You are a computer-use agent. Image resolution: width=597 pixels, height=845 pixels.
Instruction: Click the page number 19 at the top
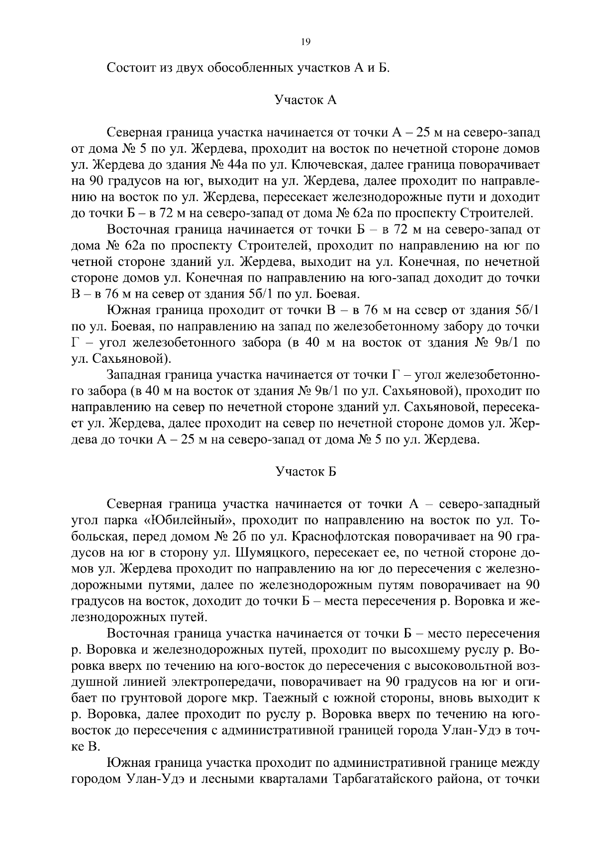[305, 43]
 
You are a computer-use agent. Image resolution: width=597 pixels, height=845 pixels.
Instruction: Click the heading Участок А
[305, 100]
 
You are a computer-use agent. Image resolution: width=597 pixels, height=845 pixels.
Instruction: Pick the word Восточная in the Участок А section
[139, 230]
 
